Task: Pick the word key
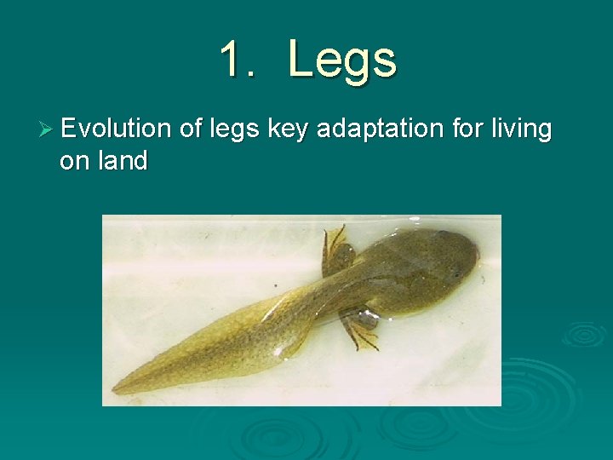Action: pos(288,130)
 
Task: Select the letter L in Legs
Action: pos(301,60)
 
